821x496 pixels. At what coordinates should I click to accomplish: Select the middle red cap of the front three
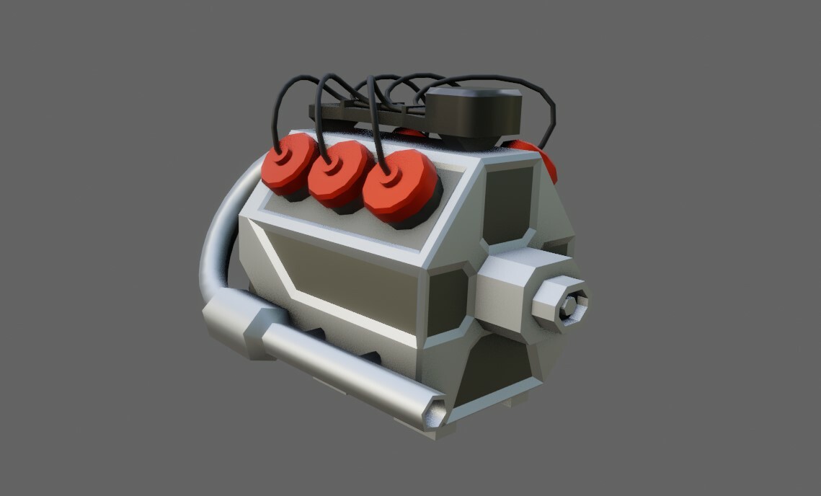click(337, 175)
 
